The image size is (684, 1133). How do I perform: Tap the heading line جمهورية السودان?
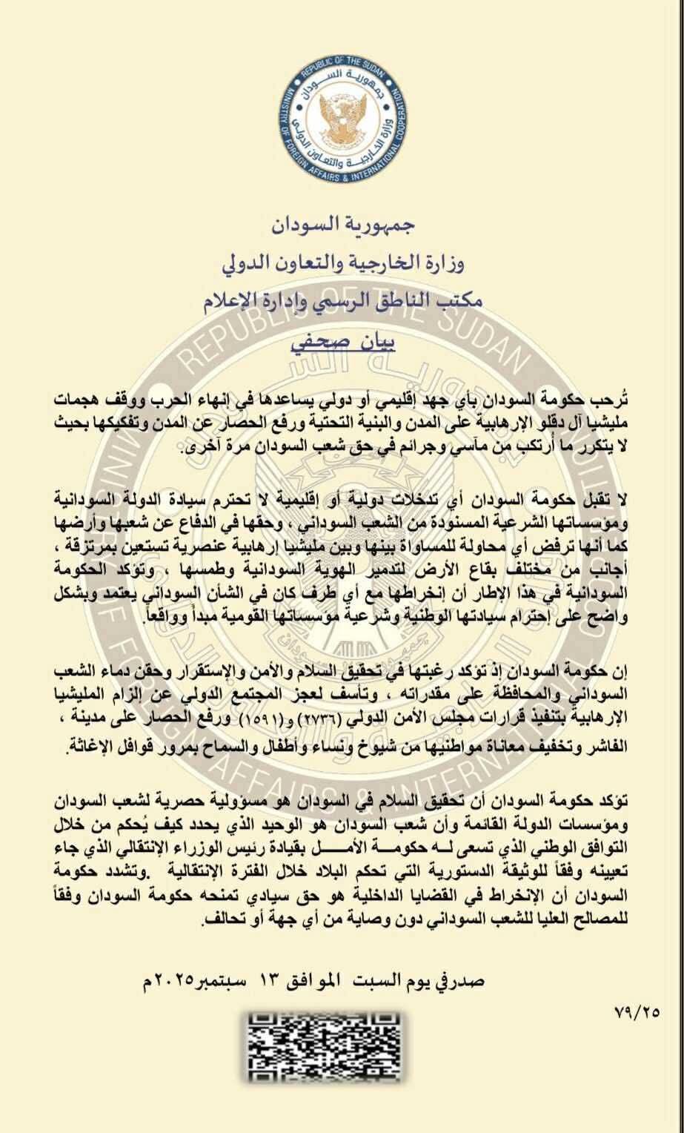[342, 222]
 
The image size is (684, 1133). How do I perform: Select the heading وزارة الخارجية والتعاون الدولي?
[342, 262]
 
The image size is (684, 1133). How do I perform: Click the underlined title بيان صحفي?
[342, 343]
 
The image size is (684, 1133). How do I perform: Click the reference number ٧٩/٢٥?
[637, 1010]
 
